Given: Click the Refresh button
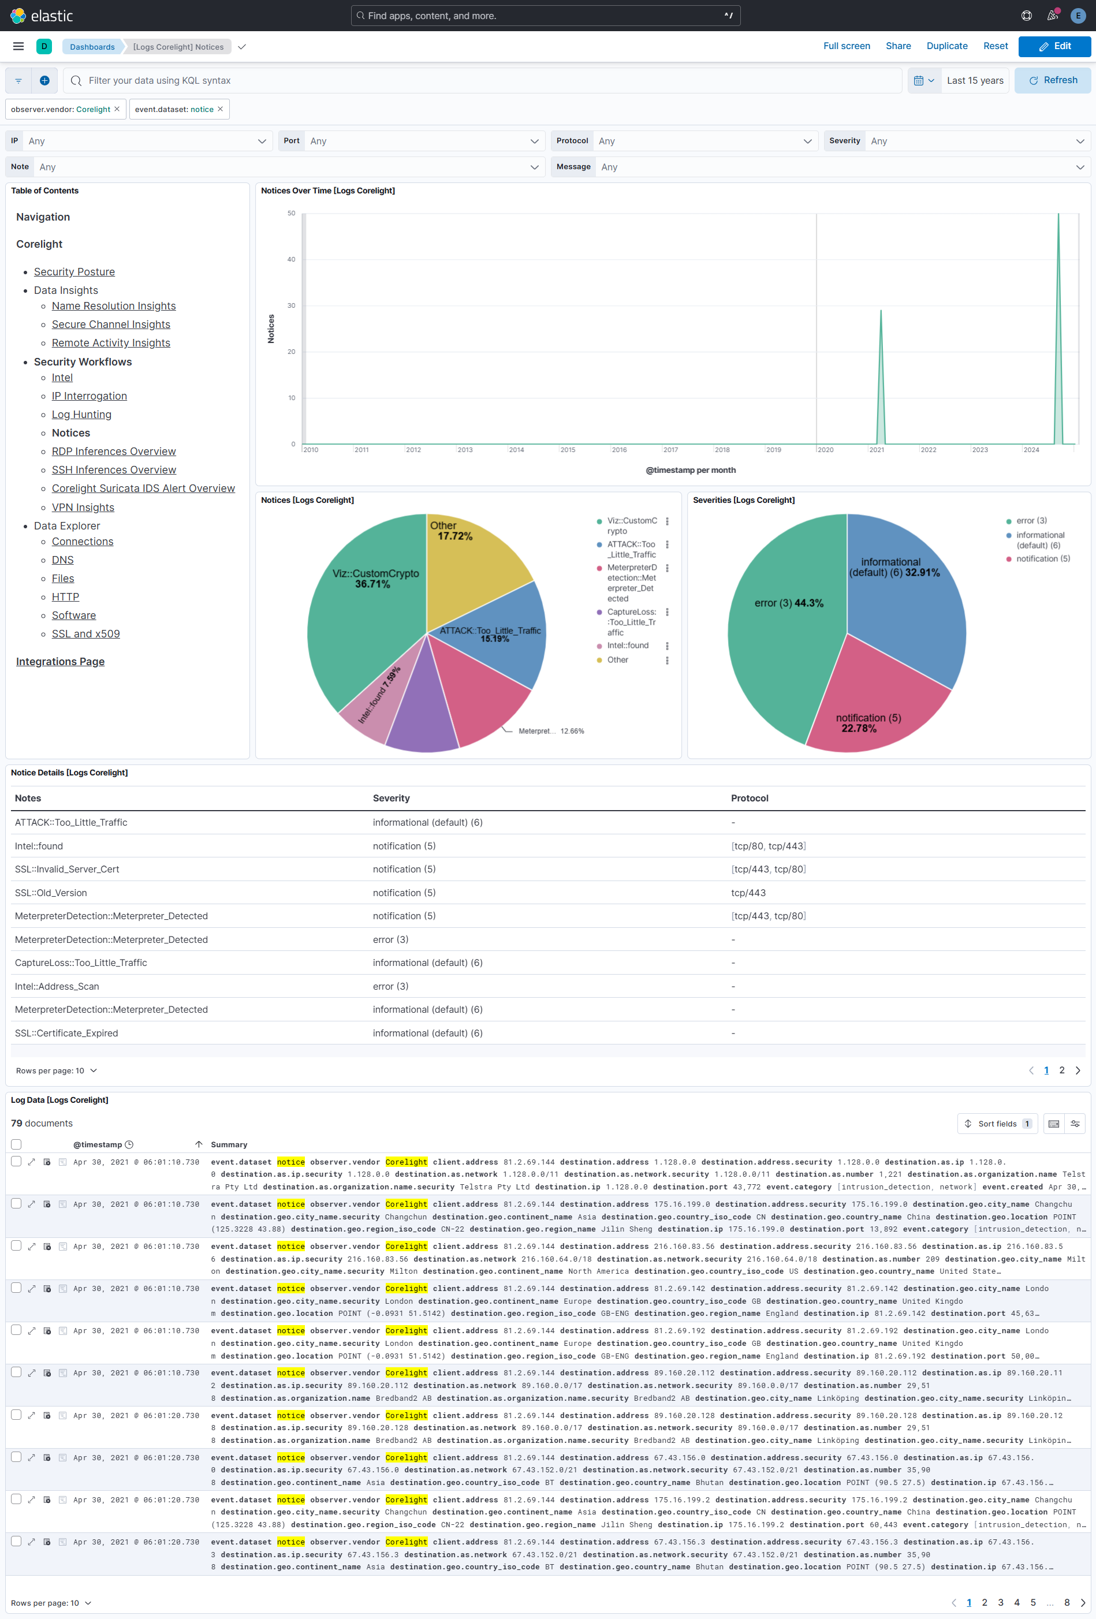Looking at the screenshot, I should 1052,81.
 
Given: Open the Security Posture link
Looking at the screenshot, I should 74,272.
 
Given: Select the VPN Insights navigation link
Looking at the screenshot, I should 83,507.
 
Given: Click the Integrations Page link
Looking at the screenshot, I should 61,661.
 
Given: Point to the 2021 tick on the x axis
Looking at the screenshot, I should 877,450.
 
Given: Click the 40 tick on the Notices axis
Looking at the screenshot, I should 291,259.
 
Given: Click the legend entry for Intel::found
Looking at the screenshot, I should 627,646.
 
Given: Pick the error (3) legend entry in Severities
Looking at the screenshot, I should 1031,521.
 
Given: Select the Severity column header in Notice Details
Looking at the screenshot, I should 391,799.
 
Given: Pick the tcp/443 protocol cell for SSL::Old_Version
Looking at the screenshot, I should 748,893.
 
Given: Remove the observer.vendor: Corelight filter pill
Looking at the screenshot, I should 117,109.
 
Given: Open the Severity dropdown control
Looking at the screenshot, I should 975,141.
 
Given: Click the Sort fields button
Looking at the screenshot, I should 997,1124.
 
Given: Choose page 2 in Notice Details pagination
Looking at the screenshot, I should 1062,1070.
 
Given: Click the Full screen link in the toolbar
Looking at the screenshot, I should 846,46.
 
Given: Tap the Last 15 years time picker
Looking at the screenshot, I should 974,81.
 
